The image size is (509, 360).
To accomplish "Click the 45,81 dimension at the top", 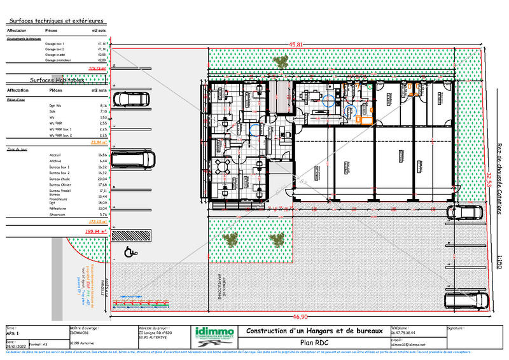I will [294, 45].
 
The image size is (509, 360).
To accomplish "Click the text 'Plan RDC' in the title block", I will [314, 342].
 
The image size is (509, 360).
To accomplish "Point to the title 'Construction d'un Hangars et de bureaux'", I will [314, 331].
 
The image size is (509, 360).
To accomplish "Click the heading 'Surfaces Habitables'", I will [57, 81].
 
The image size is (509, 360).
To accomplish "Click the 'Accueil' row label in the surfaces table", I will [54, 155].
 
